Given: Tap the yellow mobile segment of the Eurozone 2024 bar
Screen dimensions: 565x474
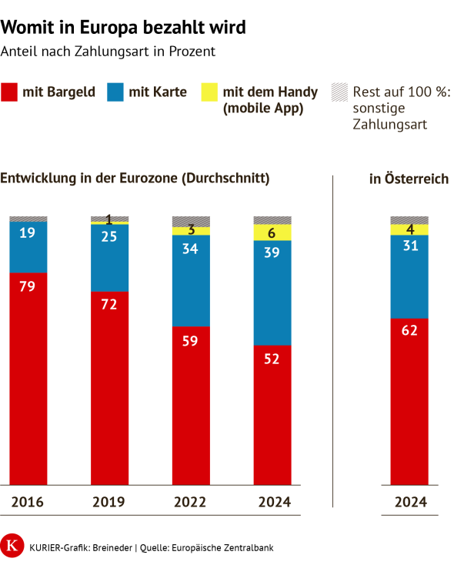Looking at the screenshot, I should pyautogui.click(x=272, y=232).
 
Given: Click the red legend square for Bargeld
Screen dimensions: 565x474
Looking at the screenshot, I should pyautogui.click(x=9, y=92).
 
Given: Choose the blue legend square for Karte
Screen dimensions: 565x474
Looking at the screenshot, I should pyautogui.click(x=116, y=92).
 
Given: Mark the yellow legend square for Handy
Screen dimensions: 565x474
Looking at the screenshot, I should pyautogui.click(x=209, y=92).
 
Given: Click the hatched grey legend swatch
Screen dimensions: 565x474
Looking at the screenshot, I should pyautogui.click(x=339, y=92).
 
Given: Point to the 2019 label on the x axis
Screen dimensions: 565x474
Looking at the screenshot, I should pyautogui.click(x=109, y=503).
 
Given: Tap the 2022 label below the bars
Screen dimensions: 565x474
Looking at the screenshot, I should pyautogui.click(x=191, y=503).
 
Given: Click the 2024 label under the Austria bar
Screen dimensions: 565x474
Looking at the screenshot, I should pyautogui.click(x=409, y=503).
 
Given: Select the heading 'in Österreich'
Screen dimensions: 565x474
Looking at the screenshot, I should pyautogui.click(x=409, y=179).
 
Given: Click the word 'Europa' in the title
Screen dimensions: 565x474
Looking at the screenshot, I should pyautogui.click(x=91, y=28).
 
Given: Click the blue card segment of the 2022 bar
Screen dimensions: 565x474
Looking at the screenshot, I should pyautogui.click(x=191, y=280).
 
